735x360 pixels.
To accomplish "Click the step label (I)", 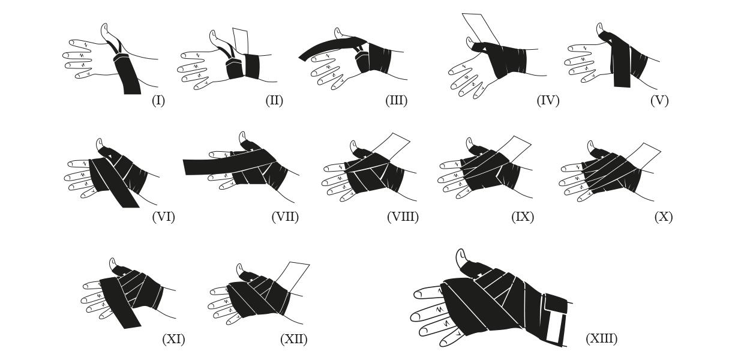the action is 158,100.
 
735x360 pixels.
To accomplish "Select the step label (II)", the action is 274,100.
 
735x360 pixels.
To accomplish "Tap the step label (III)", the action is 397,100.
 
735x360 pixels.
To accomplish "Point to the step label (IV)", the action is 548,100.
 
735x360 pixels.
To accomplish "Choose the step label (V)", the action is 659,100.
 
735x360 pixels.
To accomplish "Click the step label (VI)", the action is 163,217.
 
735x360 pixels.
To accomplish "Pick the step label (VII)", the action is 285,217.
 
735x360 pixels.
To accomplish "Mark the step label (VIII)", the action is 403,217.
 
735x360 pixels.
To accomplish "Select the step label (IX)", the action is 523,217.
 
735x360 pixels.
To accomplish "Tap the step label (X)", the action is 664,217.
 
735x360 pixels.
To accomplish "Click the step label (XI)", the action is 173,339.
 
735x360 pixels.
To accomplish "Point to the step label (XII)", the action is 293,339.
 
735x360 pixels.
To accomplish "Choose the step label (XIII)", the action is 601,338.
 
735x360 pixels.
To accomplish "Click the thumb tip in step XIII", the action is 461,252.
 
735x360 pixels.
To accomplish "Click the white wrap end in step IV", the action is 481,28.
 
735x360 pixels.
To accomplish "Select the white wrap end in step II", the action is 241,41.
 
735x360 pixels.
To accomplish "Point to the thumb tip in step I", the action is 104,26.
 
